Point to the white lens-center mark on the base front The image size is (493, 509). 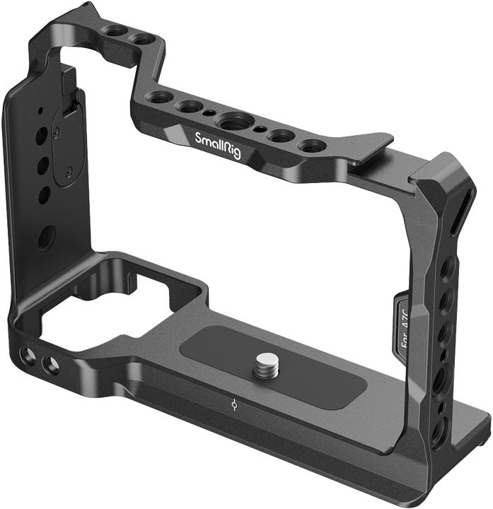tap(234, 406)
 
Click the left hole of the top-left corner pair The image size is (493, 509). tap(112, 31)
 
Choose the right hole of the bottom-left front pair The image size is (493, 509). tap(51, 365)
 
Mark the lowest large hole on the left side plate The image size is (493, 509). tap(46, 239)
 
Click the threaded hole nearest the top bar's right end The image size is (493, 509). tap(311, 146)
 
